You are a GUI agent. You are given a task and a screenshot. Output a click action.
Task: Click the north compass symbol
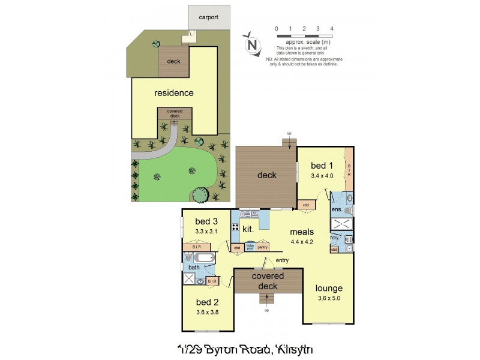pos(253,44)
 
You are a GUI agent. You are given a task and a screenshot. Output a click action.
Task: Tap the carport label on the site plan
pos(209,17)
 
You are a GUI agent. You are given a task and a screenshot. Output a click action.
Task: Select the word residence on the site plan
pos(174,93)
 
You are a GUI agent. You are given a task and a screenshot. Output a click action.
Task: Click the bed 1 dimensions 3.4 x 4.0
pos(322,176)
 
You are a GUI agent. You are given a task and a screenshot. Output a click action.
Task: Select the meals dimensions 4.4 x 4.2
pos(302,242)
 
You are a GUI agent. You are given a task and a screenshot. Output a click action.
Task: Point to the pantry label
pos(262,247)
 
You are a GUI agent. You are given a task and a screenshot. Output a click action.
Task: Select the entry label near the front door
pos(282,260)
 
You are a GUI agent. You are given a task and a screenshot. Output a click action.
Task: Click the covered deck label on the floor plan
pos(268,281)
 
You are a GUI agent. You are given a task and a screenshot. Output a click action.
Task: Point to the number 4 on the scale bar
pos(332,29)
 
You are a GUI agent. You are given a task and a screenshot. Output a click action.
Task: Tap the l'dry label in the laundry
pos(334,238)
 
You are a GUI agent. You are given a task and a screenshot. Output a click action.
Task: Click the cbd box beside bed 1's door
pos(306,205)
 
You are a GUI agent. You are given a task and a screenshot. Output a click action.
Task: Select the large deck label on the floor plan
pos(267,175)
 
